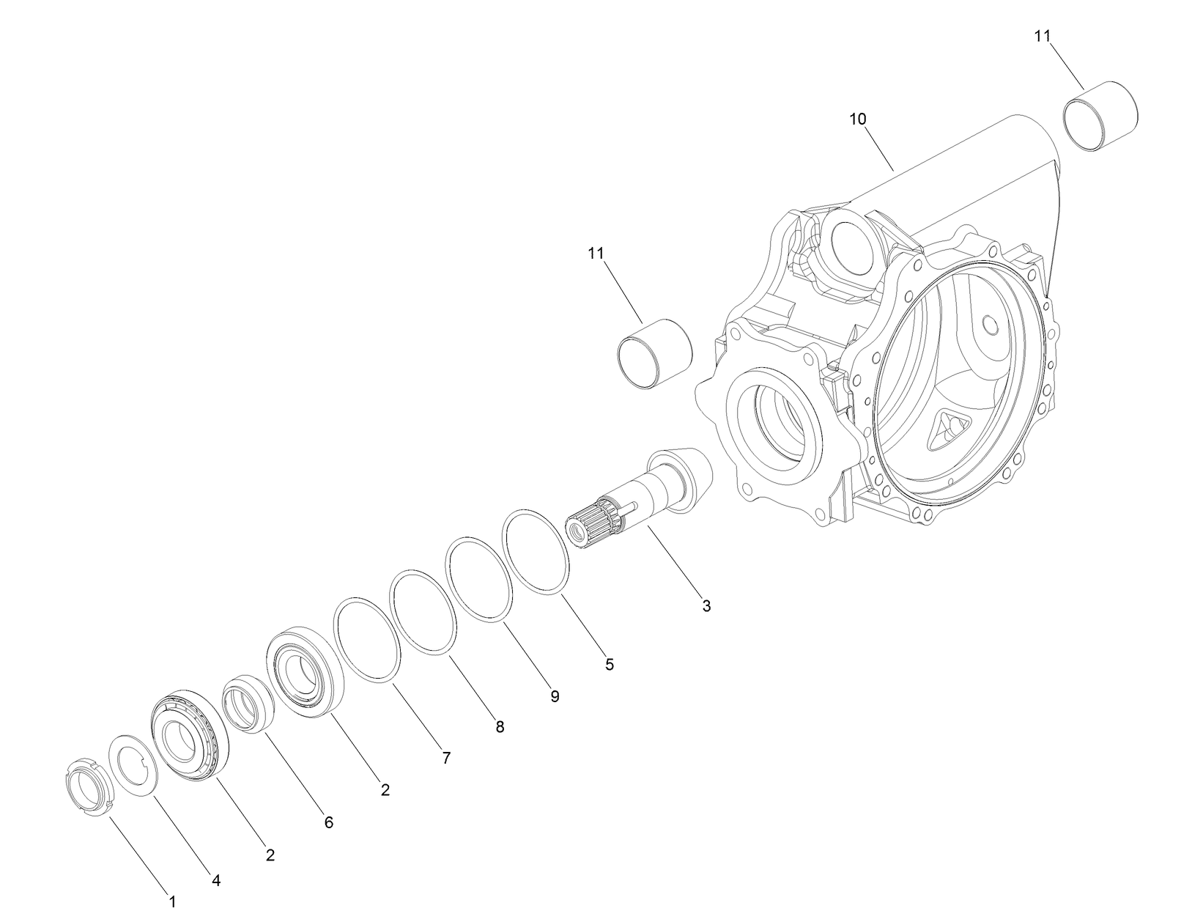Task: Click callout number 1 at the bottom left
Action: pyautogui.click(x=172, y=901)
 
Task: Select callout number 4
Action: pyautogui.click(x=215, y=879)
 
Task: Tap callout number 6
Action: pyautogui.click(x=329, y=822)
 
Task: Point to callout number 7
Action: pyautogui.click(x=445, y=759)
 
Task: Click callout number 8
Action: pyautogui.click(x=500, y=727)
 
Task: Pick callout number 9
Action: pyautogui.click(x=555, y=696)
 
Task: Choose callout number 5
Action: pyautogui.click(x=610, y=665)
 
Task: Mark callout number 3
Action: pyautogui.click(x=706, y=606)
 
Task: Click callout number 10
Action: pyautogui.click(x=858, y=119)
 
